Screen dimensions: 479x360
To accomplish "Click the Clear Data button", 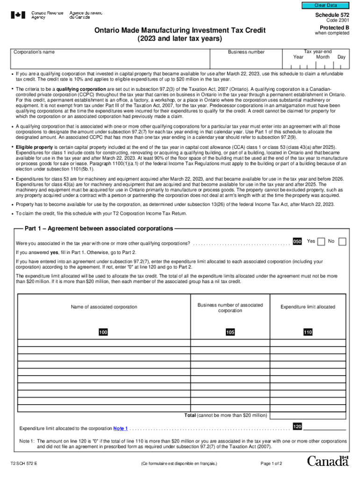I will pos(325,5).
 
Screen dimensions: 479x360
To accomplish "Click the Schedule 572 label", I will pos(332,15).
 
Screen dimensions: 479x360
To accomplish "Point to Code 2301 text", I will pos(338,21).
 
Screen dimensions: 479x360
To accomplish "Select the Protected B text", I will pos(332,27).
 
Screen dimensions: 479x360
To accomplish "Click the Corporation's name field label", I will pos(34,52).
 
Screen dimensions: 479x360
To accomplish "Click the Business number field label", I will pos(246,52).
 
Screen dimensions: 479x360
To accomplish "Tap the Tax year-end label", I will pos(318,51).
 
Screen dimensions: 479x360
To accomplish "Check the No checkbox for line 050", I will pos(342,241).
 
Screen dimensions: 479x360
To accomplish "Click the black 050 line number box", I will pos(297,241).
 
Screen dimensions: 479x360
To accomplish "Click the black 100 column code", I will pos(103,332).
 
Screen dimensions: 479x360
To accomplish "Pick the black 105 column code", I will pos(230,332).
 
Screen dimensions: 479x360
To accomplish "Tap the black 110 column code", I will pos(308,332).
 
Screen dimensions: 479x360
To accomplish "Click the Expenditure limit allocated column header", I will pos(308,307).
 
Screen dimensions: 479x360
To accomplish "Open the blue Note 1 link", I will pos(121,428).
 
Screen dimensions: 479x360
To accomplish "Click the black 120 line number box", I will pos(297,426).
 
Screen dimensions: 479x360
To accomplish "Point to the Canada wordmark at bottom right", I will pos(328,461).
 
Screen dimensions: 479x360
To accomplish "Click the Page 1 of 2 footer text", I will pos(271,464).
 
